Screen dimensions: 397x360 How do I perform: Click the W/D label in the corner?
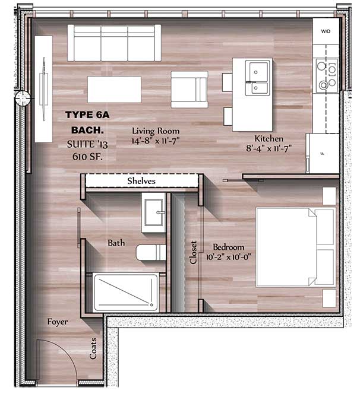click(x=325, y=30)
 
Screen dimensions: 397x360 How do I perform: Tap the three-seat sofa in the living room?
click(x=114, y=43)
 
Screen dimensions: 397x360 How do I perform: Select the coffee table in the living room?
click(x=114, y=90)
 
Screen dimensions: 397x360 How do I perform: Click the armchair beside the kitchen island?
click(x=189, y=90)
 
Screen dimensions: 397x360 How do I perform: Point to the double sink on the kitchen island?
click(x=258, y=79)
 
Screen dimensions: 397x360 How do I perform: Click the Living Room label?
click(x=156, y=131)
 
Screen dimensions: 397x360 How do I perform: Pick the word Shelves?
click(x=141, y=180)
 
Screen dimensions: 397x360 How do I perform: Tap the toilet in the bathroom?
click(x=150, y=253)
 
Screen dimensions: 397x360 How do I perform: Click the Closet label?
click(x=193, y=252)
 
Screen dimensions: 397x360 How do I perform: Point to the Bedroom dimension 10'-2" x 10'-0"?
click(x=229, y=257)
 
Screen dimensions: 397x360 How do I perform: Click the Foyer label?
click(x=58, y=322)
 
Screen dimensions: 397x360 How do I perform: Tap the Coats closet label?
click(x=93, y=348)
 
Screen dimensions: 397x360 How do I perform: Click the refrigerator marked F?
click(x=323, y=153)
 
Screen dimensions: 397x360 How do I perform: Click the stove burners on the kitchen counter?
click(x=323, y=75)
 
